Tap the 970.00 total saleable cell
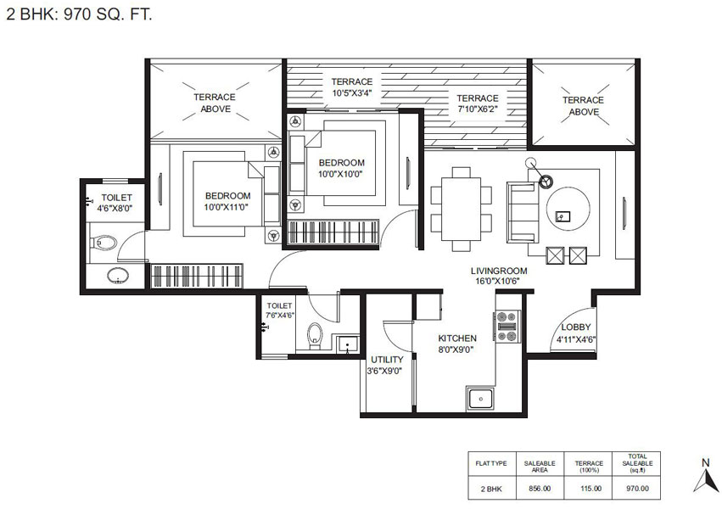pyautogui.click(x=637, y=489)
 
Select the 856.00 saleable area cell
pyautogui.click(x=540, y=489)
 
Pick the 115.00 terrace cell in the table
pyautogui.click(x=590, y=489)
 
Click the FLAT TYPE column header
pyautogui.click(x=491, y=463)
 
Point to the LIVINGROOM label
pyautogui.click(x=499, y=271)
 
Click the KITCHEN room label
pyautogui.click(x=457, y=338)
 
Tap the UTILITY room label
pyautogui.click(x=387, y=360)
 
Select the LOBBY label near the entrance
pyautogui.click(x=575, y=327)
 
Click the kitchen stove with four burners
pyautogui.click(x=507, y=327)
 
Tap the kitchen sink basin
pyautogui.click(x=480, y=399)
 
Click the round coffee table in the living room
pyautogui.click(x=568, y=209)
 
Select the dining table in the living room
pyautogui.click(x=461, y=209)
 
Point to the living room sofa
pyautogui.click(x=523, y=212)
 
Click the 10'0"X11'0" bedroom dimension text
pyautogui.click(x=226, y=207)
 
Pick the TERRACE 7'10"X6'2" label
pyautogui.click(x=478, y=104)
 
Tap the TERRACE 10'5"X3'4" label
pyautogui.click(x=352, y=87)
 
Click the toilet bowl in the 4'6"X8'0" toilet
pyautogui.click(x=104, y=243)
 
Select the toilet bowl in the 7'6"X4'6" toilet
pyautogui.click(x=315, y=335)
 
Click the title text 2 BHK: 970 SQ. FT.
pyautogui.click(x=79, y=14)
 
